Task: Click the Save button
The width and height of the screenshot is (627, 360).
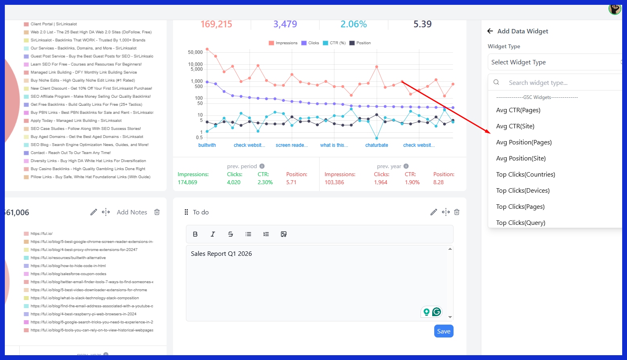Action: (443, 331)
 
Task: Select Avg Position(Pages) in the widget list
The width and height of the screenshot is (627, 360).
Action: (524, 142)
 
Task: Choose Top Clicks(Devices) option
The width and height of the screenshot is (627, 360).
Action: (522, 191)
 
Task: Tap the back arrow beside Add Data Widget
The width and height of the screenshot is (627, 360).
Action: (490, 31)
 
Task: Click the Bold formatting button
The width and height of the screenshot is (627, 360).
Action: (195, 234)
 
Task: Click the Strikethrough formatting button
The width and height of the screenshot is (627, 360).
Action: (231, 234)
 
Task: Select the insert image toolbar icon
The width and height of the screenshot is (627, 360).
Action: (284, 234)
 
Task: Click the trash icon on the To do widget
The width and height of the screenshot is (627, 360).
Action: (457, 212)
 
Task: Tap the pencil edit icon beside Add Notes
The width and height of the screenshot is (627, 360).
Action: (93, 212)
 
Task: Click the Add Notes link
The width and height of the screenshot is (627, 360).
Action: (132, 212)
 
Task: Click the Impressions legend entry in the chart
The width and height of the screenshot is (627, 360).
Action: (283, 43)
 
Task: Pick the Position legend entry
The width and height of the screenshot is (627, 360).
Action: (360, 43)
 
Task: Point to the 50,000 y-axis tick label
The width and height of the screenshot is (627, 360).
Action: (195, 52)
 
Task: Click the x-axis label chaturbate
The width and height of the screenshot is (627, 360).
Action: (377, 145)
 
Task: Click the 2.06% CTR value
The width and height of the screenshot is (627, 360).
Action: (353, 24)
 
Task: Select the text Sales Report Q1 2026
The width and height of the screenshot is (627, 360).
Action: (221, 254)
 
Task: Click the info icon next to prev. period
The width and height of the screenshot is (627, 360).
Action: (262, 166)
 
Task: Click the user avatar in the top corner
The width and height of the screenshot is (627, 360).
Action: (615, 9)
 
